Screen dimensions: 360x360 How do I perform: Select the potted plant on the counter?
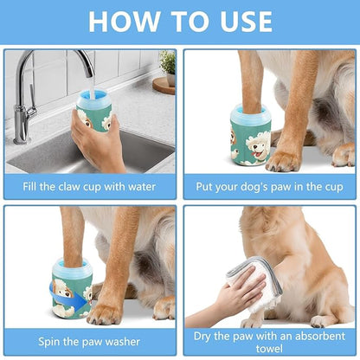(x=167, y=66)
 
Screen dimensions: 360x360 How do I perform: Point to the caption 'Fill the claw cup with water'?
(x=89, y=185)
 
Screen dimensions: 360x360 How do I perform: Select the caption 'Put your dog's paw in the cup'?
(x=269, y=185)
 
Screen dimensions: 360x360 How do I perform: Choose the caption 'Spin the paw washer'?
(x=89, y=342)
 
